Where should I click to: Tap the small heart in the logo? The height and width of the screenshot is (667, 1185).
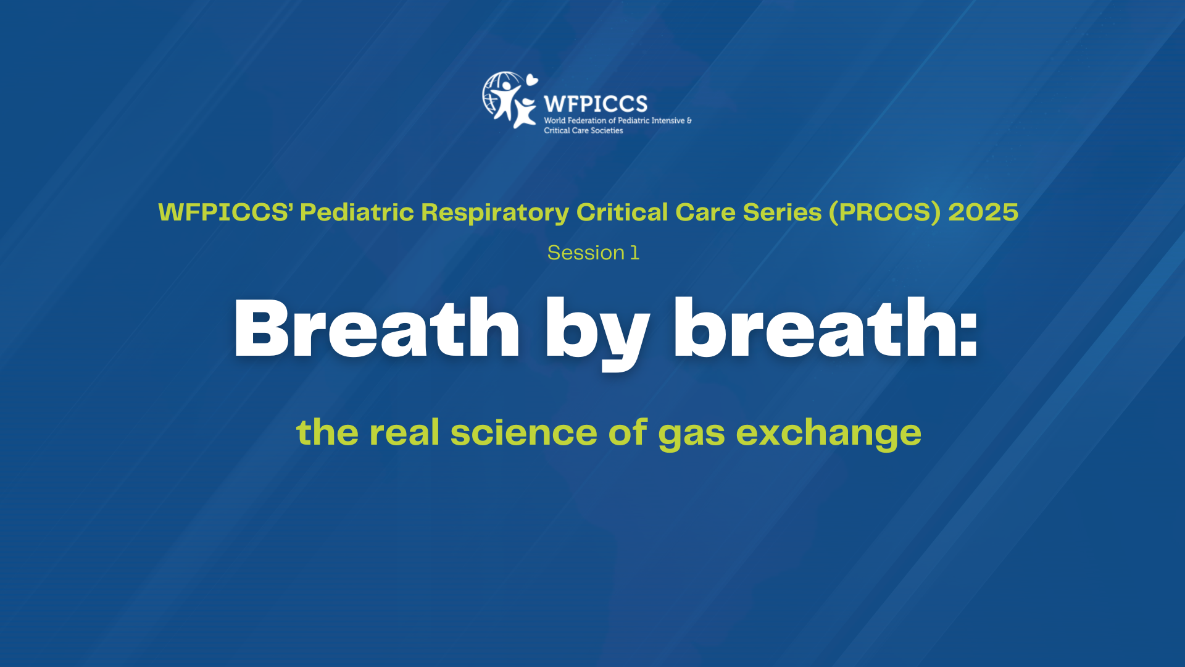pos(531,80)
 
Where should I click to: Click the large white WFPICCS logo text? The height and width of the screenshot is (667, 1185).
pos(596,104)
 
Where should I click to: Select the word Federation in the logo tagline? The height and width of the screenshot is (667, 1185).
pos(587,120)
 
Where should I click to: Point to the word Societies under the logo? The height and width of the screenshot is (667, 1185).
pos(607,131)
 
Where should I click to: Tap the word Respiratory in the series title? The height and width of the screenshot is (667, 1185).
pos(495,212)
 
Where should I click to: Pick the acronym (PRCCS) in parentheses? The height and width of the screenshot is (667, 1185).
pos(885,212)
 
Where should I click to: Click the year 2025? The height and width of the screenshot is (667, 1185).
pos(983,212)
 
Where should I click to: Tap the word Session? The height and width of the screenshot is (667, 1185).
pos(586,253)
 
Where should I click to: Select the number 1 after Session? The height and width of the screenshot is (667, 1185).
pos(634,253)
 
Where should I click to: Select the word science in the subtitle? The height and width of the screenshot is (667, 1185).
pos(523,432)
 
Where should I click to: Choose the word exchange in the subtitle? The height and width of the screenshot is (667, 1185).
pos(828,434)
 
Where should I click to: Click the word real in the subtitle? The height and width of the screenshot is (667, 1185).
pos(404,432)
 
